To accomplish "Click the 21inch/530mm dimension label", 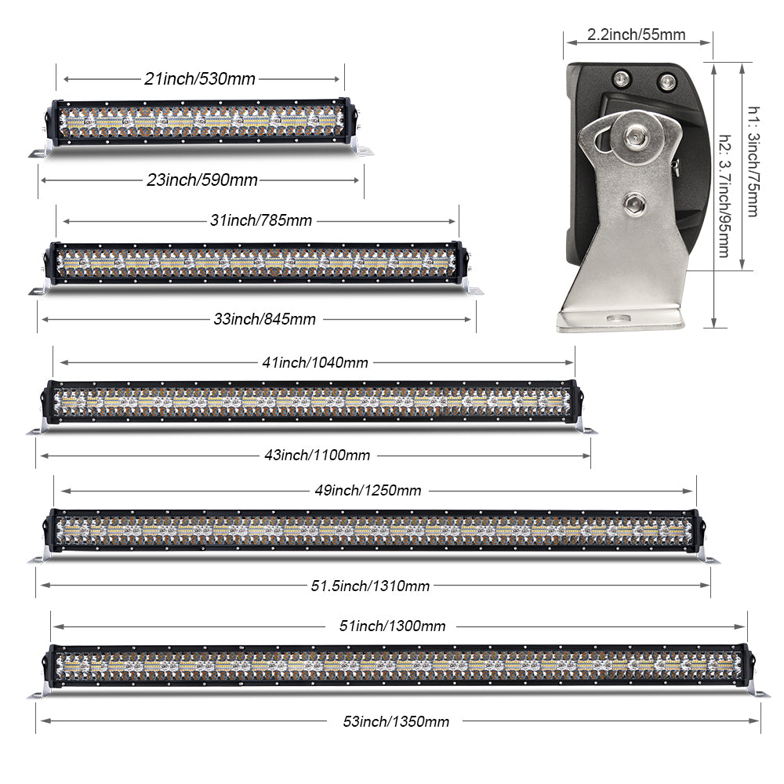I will (x=200, y=78).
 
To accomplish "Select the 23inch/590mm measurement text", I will (x=202, y=180).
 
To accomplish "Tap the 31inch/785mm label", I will (x=261, y=221).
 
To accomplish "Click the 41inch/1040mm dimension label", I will (x=314, y=362).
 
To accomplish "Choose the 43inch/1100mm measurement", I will (x=314, y=455).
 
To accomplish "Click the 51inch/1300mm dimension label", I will (x=392, y=626).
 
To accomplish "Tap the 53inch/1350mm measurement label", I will (x=396, y=721).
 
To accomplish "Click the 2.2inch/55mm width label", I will (x=637, y=34).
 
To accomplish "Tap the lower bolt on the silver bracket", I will (x=631, y=205).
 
